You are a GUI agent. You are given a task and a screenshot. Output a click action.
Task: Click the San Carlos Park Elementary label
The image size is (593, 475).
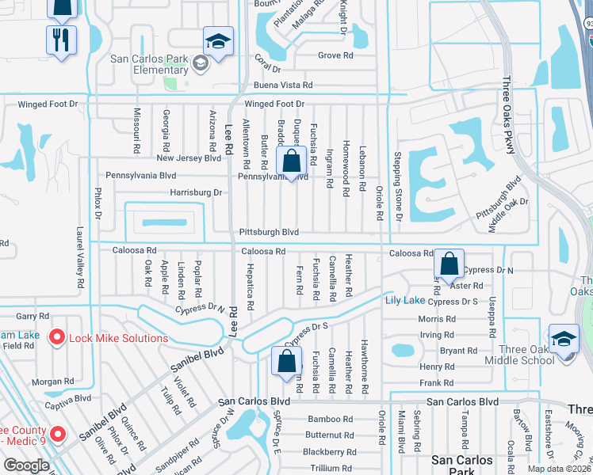149,64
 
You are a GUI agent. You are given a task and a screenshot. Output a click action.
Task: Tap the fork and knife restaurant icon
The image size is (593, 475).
61,40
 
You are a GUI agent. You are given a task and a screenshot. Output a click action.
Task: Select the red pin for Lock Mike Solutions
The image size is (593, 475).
57,338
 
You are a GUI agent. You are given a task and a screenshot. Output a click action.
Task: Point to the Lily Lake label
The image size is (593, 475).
404,300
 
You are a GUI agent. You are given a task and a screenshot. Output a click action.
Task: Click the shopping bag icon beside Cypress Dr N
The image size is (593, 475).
449,264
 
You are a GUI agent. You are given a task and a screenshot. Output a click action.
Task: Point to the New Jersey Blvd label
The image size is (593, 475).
189,158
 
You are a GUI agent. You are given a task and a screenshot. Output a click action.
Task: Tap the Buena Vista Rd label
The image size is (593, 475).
283,85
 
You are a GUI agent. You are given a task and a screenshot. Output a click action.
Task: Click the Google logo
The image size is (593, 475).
26,465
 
